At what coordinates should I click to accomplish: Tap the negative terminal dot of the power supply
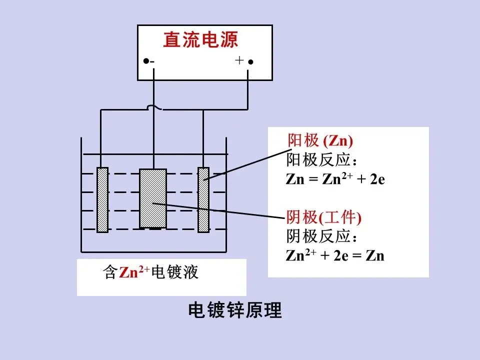pos(145,61)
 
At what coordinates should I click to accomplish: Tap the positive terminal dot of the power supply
pos(251,62)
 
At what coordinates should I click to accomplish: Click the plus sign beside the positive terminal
pos(239,60)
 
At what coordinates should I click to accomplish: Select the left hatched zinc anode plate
pos(102,200)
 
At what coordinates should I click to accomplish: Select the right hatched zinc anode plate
pos(203,200)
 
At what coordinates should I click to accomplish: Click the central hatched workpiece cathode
pos(153,198)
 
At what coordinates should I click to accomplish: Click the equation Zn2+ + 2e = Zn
pos(335,255)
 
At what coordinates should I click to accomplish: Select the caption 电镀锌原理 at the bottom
pos(235,311)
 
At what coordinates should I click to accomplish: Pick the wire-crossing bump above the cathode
pos(153,107)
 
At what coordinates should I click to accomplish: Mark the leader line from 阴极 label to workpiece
pos(220,210)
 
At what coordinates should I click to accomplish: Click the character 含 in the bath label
pos(110,273)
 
